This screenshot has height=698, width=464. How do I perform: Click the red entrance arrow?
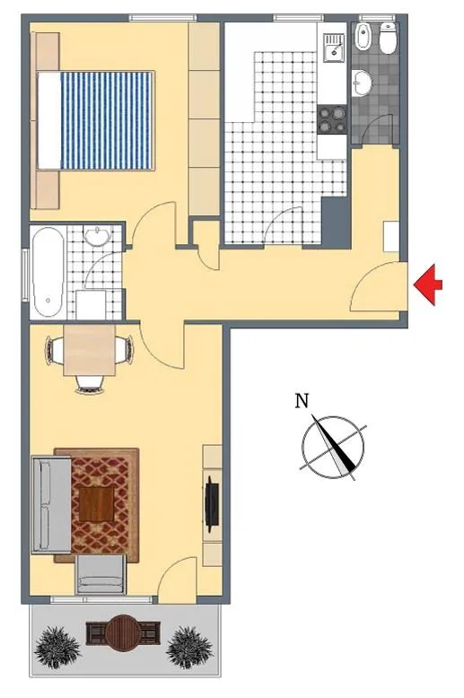coord(427,285)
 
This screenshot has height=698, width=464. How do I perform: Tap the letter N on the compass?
coord(302,401)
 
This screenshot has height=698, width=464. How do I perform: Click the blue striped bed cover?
coord(106,120)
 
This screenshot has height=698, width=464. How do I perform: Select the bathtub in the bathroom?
coord(47,272)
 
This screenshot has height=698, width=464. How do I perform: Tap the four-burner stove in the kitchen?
coord(332,119)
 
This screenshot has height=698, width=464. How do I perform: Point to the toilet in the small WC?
coord(388,39)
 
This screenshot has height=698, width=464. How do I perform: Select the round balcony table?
coord(123,633)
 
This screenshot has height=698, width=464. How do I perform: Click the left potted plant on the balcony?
coord(57,647)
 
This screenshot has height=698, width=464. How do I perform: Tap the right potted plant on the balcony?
coord(188,647)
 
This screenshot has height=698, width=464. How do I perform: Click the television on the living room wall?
coord(212,503)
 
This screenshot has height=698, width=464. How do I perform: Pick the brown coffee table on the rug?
coord(96,503)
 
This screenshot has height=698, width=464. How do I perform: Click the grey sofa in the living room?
coord(51,505)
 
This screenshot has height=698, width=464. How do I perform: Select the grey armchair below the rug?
coord(101,574)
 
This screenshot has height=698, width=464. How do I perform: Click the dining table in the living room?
coord(90,350)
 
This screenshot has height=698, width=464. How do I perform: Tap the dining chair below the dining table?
coord(90,384)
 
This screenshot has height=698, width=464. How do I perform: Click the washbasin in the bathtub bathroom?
coord(99,236)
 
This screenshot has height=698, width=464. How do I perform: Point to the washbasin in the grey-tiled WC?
coord(362,83)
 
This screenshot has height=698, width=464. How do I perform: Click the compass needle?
coord(334,443)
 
